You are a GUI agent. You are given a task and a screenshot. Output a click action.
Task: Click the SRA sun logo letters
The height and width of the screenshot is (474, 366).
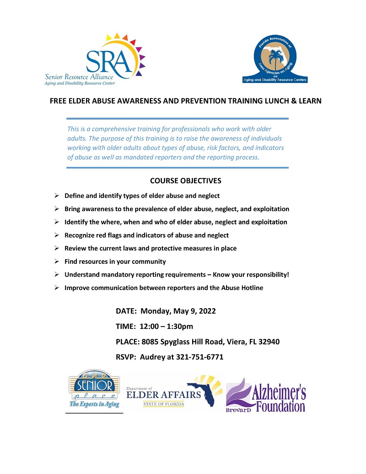click(112, 59)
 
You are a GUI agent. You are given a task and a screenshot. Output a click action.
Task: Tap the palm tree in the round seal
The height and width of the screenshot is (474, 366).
click(275, 58)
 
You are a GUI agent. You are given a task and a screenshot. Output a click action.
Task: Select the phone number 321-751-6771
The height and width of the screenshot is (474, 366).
click(199, 357)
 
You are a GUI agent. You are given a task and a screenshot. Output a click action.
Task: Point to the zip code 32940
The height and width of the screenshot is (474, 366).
click(269, 342)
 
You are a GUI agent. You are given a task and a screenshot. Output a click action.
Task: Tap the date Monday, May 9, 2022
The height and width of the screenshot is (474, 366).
click(178, 311)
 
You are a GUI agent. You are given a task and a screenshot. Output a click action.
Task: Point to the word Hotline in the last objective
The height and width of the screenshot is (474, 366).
click(251, 288)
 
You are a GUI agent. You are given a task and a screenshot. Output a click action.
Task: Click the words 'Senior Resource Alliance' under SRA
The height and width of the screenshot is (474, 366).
click(79, 77)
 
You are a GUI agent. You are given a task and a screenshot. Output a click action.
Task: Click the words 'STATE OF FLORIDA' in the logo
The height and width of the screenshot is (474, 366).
click(163, 404)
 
